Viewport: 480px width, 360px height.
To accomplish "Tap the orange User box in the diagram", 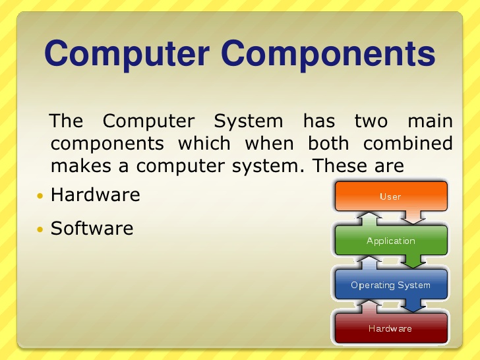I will coord(390,196).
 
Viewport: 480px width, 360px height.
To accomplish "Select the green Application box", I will coord(390,241).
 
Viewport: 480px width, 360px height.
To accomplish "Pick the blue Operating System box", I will coord(390,285).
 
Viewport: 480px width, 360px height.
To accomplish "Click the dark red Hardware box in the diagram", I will coord(390,328).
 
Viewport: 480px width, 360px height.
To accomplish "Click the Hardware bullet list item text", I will coord(95,195).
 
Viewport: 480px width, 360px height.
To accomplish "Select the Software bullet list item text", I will coord(92,228).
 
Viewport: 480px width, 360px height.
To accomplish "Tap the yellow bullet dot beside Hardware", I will coord(40,196).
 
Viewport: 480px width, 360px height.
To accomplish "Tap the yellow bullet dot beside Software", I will coord(40,229).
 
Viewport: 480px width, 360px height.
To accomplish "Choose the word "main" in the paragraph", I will coord(430,121).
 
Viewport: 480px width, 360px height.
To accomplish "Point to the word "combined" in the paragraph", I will coord(408,143).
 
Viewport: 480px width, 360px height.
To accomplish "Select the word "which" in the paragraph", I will coord(204,143).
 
